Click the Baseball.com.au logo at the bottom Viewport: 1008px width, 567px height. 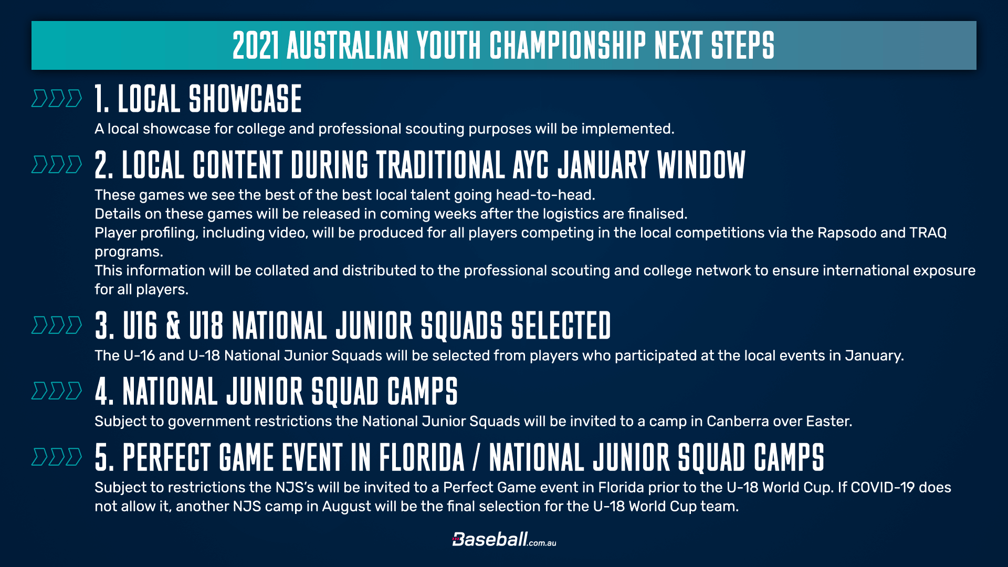pos(504,539)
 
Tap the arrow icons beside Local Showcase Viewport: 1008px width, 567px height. pos(57,99)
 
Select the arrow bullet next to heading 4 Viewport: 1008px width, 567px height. pos(57,391)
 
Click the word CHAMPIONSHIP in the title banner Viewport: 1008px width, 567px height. pos(568,45)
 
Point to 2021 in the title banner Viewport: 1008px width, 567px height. pos(256,45)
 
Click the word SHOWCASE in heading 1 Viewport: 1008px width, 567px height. pos(245,99)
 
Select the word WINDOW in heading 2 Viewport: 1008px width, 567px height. pos(701,165)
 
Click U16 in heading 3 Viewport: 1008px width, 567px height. pos(140,325)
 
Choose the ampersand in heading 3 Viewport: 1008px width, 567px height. pos(173,325)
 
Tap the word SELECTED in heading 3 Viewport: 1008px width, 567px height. pos(561,325)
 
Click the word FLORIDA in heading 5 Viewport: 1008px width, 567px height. pos(422,457)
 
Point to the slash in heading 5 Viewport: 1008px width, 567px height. pos(477,457)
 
